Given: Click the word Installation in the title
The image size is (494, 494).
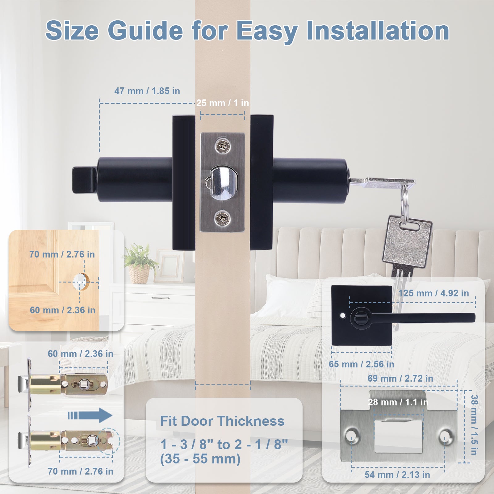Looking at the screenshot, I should point(377,31).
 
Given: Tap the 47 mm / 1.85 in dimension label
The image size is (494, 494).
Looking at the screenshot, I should point(147,91).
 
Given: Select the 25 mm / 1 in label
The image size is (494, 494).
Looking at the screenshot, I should point(222,103).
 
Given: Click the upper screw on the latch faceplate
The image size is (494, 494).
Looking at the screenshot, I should point(222,146).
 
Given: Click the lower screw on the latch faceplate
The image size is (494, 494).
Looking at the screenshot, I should point(222,219).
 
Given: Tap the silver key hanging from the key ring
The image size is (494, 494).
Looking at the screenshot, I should point(406,244).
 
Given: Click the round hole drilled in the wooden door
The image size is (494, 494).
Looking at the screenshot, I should point(81,282).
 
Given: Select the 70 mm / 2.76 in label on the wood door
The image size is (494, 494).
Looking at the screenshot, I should point(62,254).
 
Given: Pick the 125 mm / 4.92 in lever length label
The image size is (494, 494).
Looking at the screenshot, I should point(433,293).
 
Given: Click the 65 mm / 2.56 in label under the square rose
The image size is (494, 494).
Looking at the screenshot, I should point(361,364).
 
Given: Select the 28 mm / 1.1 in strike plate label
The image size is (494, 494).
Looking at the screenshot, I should point(398,402).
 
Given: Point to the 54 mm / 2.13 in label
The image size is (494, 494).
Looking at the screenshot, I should point(397,475).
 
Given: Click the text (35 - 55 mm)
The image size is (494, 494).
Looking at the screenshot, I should point(200,459).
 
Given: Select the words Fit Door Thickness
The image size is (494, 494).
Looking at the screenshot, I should point(222,421).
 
